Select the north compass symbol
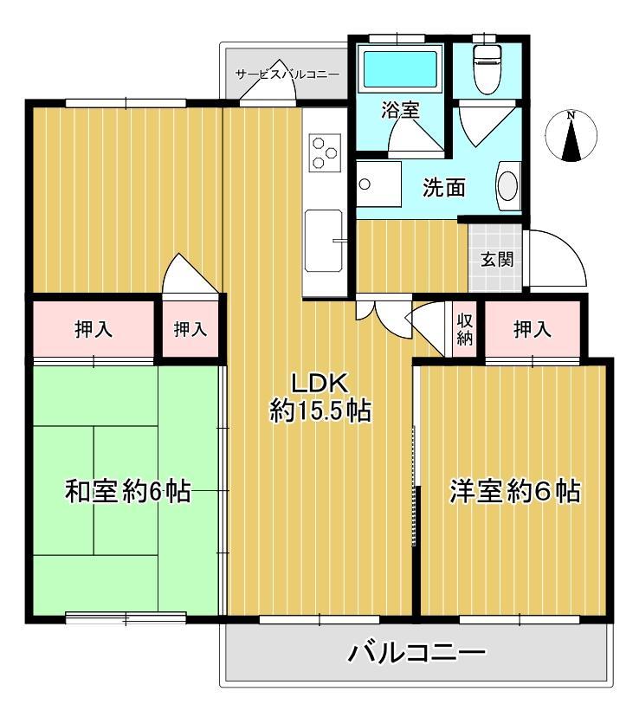571,136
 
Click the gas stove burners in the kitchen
325,152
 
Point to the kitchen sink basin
324,240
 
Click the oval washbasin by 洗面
507,186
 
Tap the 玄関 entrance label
496,260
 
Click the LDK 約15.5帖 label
320,397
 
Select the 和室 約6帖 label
127,491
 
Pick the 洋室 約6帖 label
515,491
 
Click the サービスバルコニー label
287,74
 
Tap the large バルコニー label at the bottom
416,653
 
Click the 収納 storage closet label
465,329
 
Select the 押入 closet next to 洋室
532,328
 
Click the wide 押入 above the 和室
94,328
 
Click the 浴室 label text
400,110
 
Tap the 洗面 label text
444,188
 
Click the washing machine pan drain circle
365,184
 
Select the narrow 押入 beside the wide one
190,328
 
